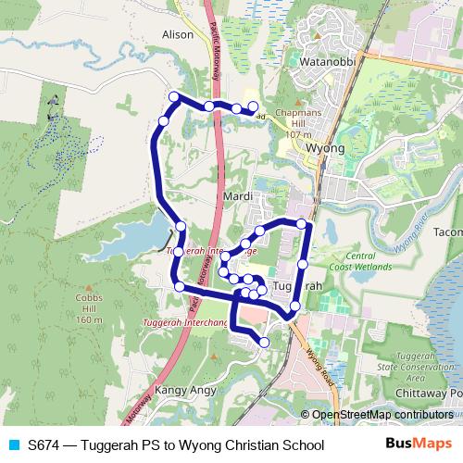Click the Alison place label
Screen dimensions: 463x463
point(177,34)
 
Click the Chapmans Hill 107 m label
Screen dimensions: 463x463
point(299,123)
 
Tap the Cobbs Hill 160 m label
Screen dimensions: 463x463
point(90,309)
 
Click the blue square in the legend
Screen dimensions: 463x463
point(12,444)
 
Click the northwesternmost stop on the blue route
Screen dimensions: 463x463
point(173,97)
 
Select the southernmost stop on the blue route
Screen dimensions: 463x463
point(265,342)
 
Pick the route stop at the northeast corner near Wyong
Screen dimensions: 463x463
point(301,223)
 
